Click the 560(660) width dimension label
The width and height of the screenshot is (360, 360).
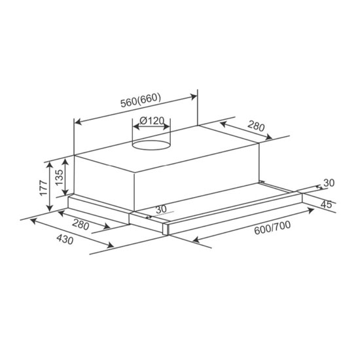click(141, 100)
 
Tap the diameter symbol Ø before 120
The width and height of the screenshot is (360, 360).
click(143, 121)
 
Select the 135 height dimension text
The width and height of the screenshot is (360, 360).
click(59, 177)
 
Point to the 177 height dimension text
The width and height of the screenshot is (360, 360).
click(43, 188)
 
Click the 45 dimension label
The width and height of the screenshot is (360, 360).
click(327, 204)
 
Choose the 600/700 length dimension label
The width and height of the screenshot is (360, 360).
click(272, 228)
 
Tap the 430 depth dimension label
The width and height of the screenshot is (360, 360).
click(65, 240)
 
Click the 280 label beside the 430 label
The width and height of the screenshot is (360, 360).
click(81, 225)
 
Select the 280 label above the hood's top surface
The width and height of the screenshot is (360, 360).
click(256, 126)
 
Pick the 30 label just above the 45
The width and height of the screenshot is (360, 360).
click(329, 183)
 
